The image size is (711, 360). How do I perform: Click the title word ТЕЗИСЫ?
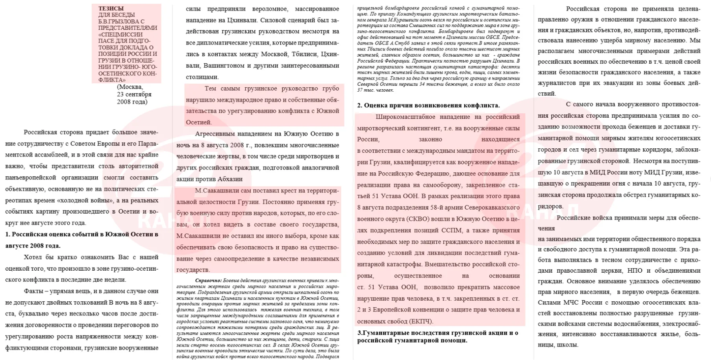point(111,8)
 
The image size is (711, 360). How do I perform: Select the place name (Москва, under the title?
point(130,87)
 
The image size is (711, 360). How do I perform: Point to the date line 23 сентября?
point(134,94)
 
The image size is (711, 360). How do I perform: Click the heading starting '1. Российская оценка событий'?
point(82,234)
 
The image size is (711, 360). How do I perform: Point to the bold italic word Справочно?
point(208,281)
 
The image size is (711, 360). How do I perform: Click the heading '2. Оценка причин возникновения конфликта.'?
point(428,105)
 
